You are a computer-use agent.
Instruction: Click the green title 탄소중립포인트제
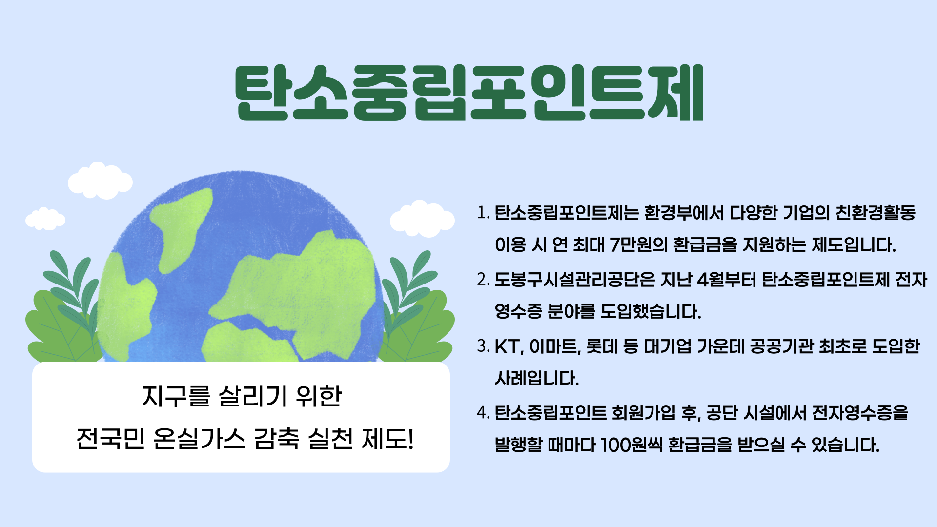click(469, 92)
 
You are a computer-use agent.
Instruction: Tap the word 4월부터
click(727, 280)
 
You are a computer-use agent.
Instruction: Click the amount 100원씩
click(631, 445)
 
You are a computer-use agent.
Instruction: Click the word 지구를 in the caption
click(176, 396)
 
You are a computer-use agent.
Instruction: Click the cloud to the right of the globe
click(422, 219)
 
